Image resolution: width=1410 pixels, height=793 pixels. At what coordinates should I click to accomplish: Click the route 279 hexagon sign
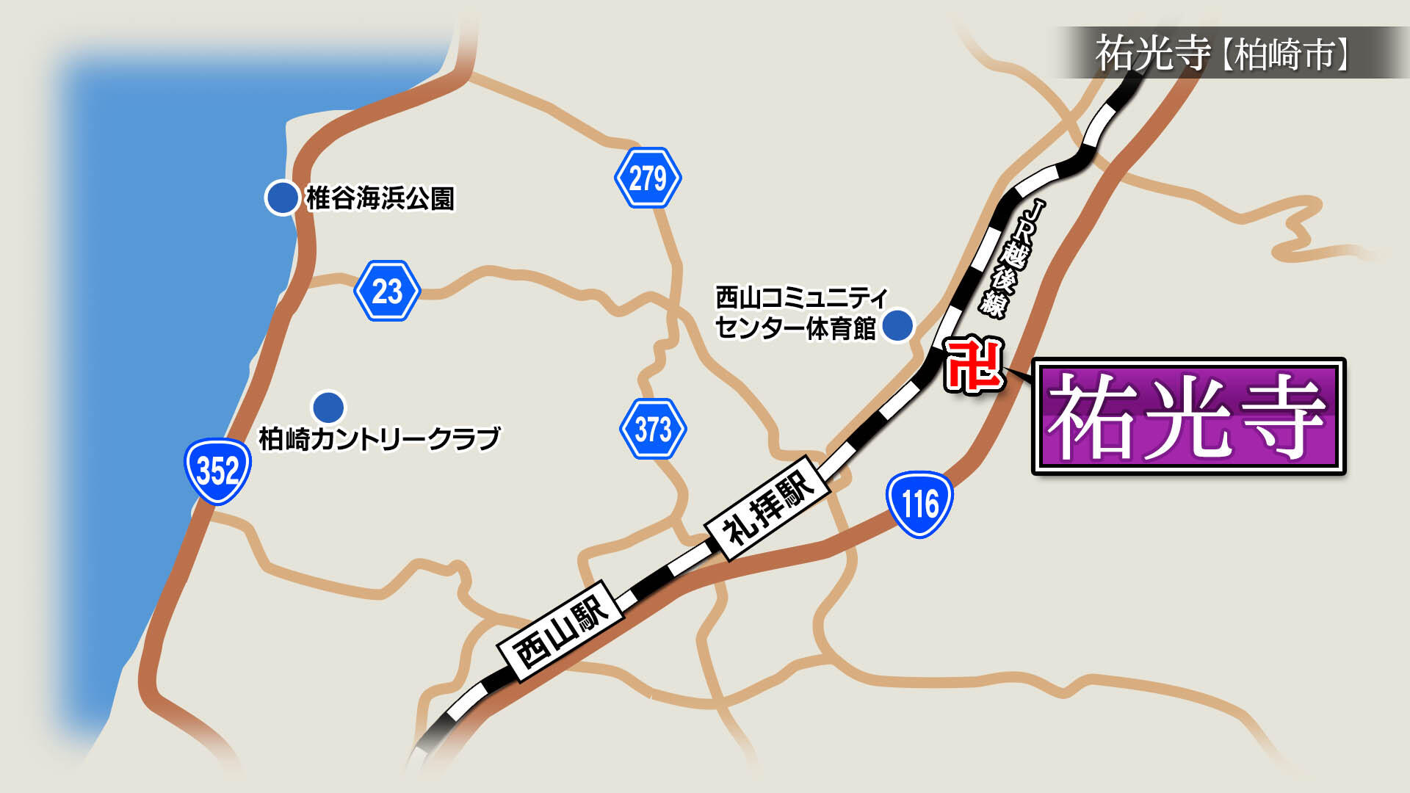pos(648,178)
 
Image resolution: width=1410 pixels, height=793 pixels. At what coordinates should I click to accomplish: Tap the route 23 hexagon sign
pos(387,291)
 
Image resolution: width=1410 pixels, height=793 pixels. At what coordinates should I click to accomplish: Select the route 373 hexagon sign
pos(653,429)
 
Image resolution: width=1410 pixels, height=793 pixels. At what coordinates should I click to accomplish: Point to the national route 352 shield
pos(217,471)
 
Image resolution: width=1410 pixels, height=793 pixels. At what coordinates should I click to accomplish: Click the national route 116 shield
pos(919,504)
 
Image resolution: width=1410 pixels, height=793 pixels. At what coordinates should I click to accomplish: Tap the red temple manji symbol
pos(974,364)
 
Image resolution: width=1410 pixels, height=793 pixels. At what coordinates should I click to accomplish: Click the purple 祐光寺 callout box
pos(1188,416)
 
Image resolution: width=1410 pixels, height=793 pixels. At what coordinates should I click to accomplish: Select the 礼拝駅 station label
pos(768,507)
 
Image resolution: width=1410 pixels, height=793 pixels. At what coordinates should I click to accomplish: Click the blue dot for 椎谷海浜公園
pos(281,198)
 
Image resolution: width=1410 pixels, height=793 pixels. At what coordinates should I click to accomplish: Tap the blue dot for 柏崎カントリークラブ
pos(328,406)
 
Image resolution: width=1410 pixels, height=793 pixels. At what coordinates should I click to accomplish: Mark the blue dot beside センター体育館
pos(897,325)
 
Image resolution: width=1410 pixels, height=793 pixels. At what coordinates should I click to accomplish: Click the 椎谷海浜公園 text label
pos(380,198)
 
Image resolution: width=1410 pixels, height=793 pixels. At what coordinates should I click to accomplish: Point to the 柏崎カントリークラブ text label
pos(379,438)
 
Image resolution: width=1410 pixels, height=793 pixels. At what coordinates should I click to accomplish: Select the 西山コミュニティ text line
pos(801,297)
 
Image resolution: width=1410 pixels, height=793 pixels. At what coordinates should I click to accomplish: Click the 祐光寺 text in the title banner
pos(1152,53)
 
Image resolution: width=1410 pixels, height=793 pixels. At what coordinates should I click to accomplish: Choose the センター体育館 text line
pos(795,328)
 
